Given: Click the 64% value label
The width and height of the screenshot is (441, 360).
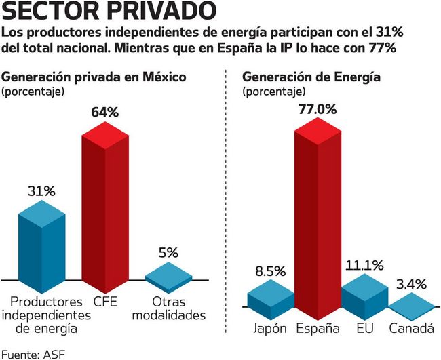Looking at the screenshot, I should click(x=105, y=112).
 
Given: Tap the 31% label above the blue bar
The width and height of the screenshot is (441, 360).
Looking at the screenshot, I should click(x=41, y=191).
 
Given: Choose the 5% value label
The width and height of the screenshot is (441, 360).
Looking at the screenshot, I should click(x=168, y=252).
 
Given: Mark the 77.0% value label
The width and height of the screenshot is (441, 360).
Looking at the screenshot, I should click(x=317, y=108).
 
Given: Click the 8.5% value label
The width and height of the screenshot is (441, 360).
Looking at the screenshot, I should click(x=270, y=273).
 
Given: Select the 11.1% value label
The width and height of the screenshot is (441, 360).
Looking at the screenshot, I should click(x=364, y=265).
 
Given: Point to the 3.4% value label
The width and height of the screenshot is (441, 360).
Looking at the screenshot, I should click(x=411, y=284).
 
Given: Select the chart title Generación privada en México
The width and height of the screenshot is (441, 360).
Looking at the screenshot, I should click(x=94, y=77).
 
